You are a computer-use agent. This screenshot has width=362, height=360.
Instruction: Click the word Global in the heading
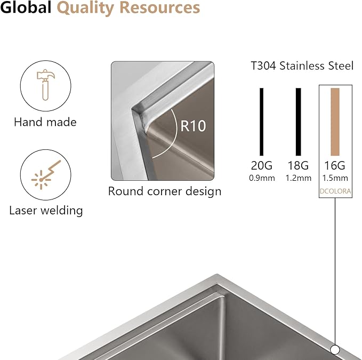[x=26, y=7]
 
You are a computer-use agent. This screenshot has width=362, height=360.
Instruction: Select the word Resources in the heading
[x=160, y=8]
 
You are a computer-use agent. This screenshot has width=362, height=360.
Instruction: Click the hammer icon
[x=46, y=85]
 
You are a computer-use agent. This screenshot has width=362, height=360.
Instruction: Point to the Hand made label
[x=45, y=122]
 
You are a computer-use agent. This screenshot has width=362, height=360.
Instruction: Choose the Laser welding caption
[x=46, y=211]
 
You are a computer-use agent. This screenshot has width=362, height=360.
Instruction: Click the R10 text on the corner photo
[x=193, y=126]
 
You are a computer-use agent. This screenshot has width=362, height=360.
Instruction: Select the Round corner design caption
[x=165, y=191]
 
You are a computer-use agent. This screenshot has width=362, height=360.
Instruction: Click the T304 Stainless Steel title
[x=302, y=66]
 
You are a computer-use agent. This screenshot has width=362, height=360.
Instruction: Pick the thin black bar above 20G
[x=261, y=122]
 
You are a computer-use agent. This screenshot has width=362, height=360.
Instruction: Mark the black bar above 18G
[x=298, y=122]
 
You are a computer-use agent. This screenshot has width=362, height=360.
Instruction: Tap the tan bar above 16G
[x=335, y=122]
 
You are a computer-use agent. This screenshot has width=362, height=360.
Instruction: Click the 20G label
[x=262, y=165]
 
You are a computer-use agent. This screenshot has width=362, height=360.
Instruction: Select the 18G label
[x=298, y=165]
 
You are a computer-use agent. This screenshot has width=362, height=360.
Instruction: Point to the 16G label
[x=335, y=165]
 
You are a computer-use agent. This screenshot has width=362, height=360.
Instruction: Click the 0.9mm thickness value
[x=262, y=178]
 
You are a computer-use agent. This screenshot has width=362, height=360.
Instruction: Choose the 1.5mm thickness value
[x=335, y=178]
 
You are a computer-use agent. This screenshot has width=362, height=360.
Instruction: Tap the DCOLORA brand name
[x=335, y=191]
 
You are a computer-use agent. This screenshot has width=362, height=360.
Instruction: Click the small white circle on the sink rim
[x=335, y=350]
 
